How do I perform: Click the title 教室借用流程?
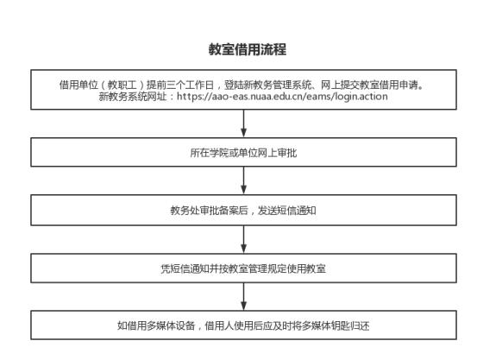coord(247,49)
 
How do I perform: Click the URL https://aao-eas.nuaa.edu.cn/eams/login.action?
coord(282,96)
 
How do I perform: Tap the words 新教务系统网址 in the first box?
coord(133,96)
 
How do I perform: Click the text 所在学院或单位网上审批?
coord(243,153)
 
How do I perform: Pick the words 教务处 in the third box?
coord(185,210)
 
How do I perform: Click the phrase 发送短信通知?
coord(287,210)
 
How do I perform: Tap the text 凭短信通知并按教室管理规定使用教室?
coord(243,268)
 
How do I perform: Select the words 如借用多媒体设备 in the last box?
coord(156,325)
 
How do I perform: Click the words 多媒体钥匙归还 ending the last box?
coord(336,325)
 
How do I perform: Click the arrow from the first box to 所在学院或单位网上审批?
coord(243,123)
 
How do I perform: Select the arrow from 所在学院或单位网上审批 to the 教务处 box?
coord(243,180)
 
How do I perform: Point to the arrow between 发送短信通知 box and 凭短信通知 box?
coord(243,239)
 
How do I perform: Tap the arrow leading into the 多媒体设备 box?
coord(243,297)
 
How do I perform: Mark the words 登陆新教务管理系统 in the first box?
coord(267,85)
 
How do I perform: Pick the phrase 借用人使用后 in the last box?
coord(234,325)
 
